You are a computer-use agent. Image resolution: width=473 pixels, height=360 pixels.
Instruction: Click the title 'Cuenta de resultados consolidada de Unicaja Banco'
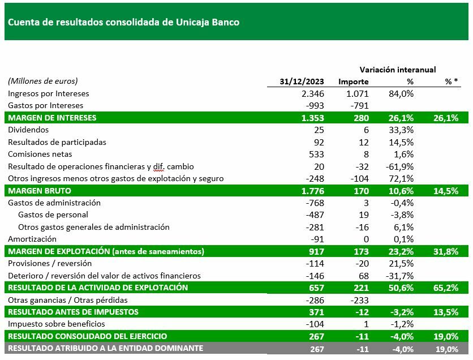click(123, 23)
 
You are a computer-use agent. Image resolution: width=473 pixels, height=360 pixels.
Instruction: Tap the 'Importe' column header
click(354, 82)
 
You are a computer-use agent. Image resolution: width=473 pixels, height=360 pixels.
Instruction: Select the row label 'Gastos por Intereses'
click(45, 106)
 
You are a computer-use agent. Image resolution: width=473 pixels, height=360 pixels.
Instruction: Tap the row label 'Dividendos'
click(28, 130)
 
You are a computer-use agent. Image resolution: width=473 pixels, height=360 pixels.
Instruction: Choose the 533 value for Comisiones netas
click(317, 154)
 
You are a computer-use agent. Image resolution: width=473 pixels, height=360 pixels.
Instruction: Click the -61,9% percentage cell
click(399, 166)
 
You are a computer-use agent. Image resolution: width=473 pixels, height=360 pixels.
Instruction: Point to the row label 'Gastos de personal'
click(53, 215)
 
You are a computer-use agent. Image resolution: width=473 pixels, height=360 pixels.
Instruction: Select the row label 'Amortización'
click(33, 239)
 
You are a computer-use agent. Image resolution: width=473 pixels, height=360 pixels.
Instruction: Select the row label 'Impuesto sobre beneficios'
click(57, 324)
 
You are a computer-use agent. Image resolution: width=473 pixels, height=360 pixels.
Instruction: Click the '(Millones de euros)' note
click(43, 82)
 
